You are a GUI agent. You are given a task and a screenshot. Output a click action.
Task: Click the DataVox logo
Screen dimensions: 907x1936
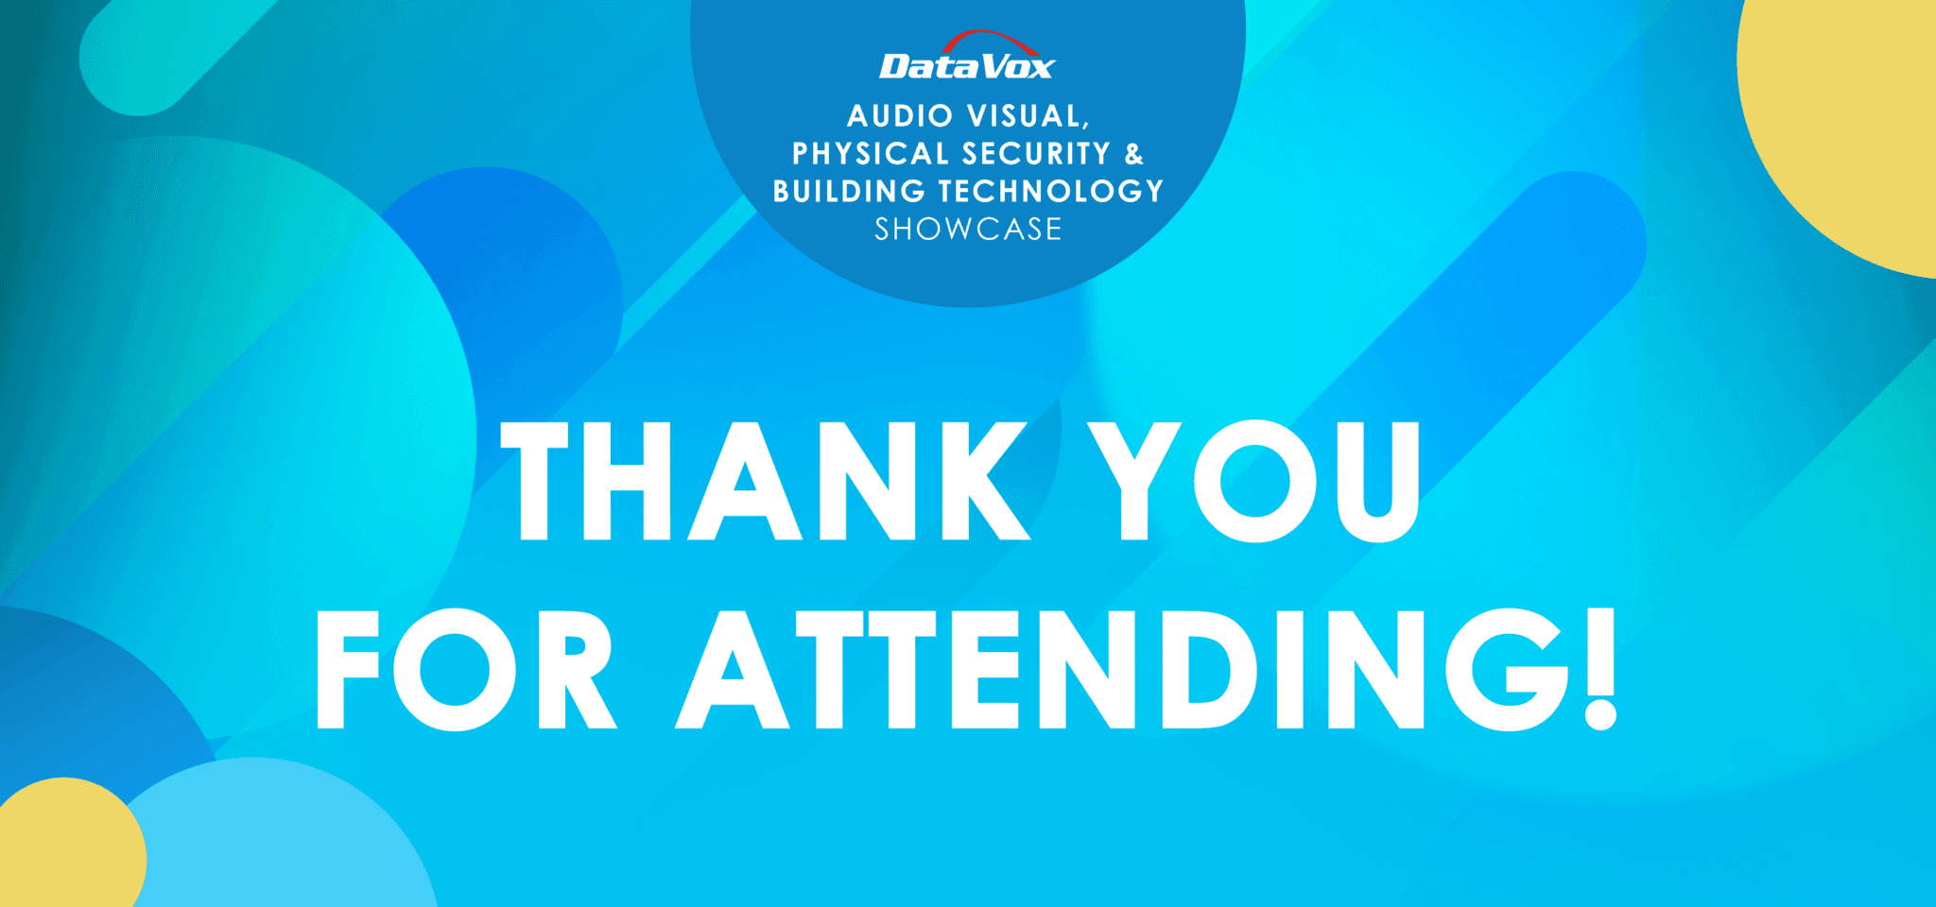pos(966,66)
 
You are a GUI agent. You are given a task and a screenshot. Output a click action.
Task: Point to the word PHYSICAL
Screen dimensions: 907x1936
pos(870,153)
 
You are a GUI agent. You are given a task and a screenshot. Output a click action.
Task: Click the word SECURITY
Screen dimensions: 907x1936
pos(1036,153)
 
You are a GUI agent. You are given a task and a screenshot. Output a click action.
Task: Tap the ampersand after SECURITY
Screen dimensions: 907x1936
pos(1133,153)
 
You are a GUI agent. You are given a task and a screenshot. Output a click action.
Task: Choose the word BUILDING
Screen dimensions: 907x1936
pos(848,191)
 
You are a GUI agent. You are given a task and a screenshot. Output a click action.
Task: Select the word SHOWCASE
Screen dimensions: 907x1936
pos(968,229)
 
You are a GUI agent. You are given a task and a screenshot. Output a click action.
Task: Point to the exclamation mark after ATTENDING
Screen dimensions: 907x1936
pos(1600,670)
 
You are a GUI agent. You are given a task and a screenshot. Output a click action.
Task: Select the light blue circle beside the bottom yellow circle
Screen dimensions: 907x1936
pos(284,841)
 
